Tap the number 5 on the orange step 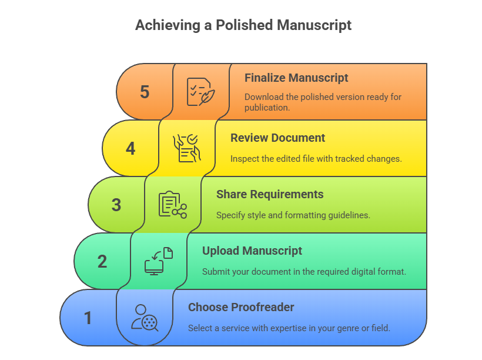[x=145, y=92]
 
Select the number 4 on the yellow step [x=130, y=149]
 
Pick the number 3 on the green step [x=116, y=205]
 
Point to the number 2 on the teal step [x=102, y=261]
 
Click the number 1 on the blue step [x=88, y=318]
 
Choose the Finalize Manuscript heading [x=296, y=78]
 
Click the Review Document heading [x=277, y=138]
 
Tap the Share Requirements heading [x=270, y=195]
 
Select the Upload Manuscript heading [x=252, y=251]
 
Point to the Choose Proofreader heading [x=241, y=308]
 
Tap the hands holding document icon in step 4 [x=186, y=148]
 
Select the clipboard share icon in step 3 [x=172, y=205]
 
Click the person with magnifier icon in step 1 [x=145, y=318]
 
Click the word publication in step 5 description [x=267, y=108]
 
